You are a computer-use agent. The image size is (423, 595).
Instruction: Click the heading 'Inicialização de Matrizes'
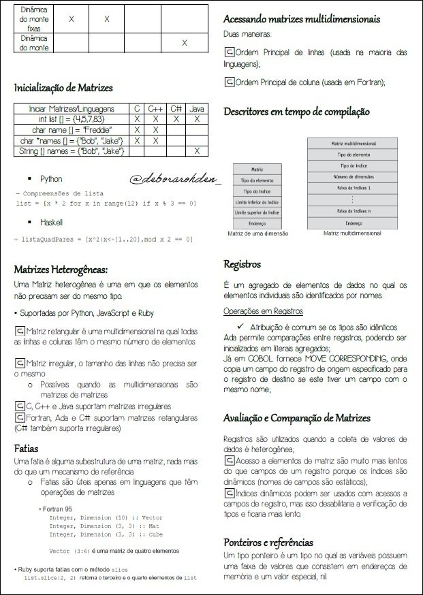click(63, 88)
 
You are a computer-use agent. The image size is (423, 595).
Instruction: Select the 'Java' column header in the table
click(196, 109)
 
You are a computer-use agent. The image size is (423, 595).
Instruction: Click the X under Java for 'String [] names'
click(196, 150)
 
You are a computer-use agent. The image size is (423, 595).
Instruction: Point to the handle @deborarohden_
click(176, 179)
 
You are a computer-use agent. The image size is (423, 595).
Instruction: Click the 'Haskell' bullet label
click(51, 223)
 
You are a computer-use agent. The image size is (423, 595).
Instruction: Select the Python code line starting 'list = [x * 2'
click(106, 203)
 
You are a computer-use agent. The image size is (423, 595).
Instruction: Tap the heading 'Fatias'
click(28, 449)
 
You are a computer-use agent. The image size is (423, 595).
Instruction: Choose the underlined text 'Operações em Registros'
click(263, 311)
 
